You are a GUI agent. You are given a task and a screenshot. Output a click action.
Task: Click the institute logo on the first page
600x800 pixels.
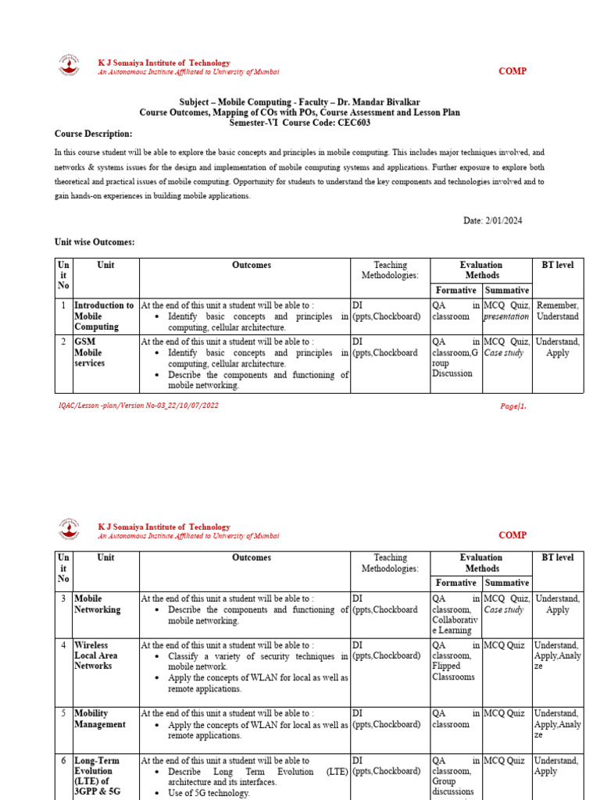[x=70, y=66]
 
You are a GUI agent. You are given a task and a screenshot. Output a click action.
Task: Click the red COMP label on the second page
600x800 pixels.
[x=512, y=535]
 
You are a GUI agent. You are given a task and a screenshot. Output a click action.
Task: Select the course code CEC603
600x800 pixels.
[x=351, y=123]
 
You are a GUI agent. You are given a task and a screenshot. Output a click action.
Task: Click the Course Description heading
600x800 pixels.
[x=93, y=134]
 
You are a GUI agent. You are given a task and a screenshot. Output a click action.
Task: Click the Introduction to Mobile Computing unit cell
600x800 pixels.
[x=104, y=316]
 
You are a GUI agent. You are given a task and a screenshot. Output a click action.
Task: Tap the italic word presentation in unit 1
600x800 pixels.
[x=506, y=316]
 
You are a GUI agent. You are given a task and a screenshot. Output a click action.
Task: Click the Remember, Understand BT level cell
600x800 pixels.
[x=558, y=311]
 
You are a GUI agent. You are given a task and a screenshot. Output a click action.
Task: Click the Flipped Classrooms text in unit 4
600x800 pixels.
[x=453, y=672]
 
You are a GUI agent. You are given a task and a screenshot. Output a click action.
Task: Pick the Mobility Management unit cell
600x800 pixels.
[x=99, y=719]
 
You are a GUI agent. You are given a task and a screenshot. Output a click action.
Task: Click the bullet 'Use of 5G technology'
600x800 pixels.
[x=209, y=793]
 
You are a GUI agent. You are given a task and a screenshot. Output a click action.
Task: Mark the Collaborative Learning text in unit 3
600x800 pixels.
[x=452, y=625]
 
